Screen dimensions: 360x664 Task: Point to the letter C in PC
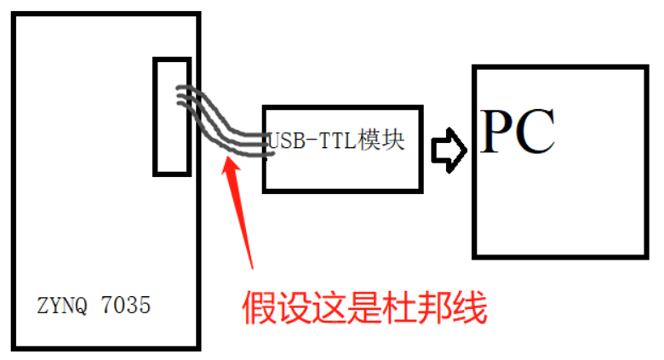pos(536,132)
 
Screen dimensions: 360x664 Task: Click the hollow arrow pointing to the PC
pos(448,150)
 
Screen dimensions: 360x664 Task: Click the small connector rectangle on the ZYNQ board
pos(172,117)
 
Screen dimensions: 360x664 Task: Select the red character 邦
pos(429,307)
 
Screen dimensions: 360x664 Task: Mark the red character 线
pos(469,307)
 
